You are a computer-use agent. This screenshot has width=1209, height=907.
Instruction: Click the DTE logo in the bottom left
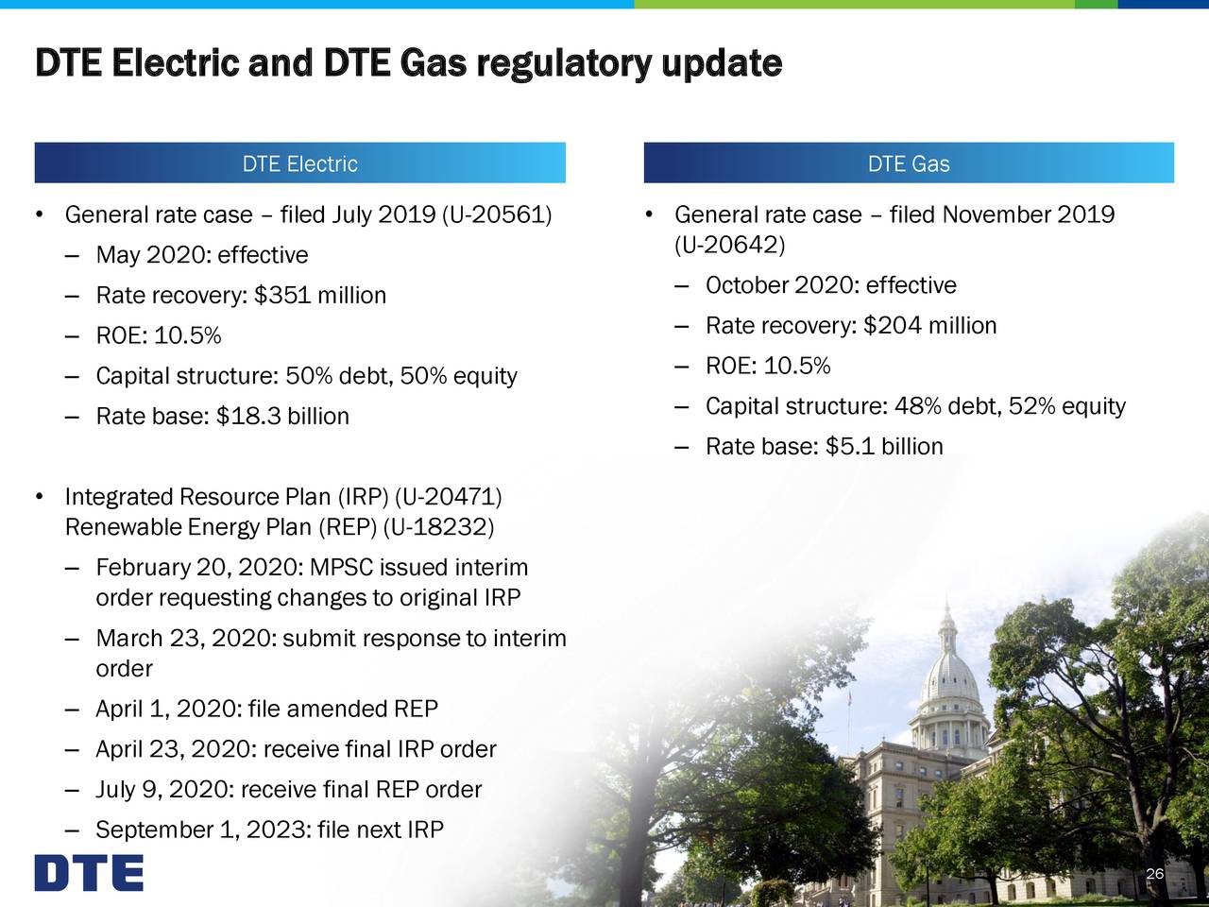pos(89,873)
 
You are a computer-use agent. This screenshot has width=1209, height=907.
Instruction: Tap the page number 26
pos(1153,874)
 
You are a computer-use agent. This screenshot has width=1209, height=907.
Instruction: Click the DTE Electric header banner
pos(299,163)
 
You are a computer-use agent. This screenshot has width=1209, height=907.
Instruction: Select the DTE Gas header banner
pos(908,163)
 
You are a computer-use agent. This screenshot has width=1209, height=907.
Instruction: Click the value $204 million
pos(929,326)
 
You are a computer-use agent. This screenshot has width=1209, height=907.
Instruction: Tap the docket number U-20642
pos(730,246)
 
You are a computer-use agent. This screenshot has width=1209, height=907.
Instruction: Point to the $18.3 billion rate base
pos(282,417)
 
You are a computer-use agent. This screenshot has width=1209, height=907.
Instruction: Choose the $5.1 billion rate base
pos(884,447)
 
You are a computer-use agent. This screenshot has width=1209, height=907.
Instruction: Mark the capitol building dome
pos(947,671)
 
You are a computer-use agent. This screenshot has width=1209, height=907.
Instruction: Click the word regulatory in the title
pos(563,63)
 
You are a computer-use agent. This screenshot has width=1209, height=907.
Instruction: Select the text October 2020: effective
pos(830,285)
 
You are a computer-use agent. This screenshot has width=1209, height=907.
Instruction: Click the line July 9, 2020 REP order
pos(288,790)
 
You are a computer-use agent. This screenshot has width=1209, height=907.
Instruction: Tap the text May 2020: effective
pos(202,256)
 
